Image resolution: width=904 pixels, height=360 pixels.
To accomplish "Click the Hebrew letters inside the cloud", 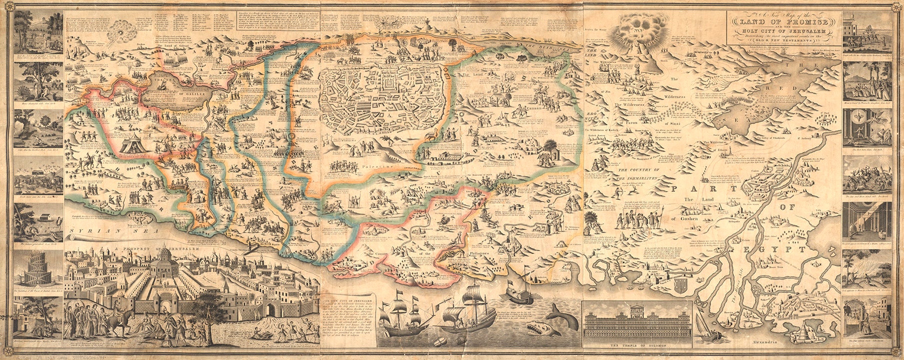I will pyautogui.click(x=643, y=30).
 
